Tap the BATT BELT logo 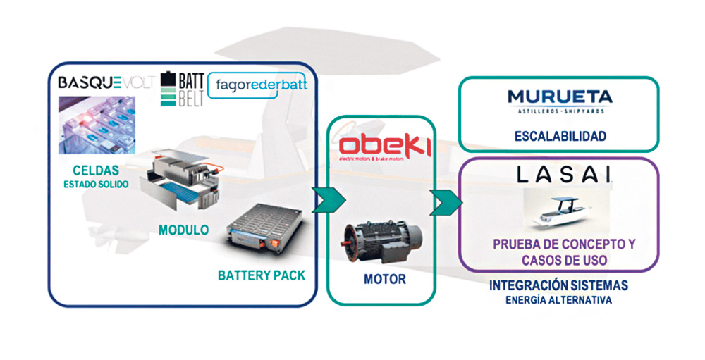pos(181,88)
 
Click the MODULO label pos(183,230)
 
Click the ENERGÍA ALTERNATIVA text pos(558,300)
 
